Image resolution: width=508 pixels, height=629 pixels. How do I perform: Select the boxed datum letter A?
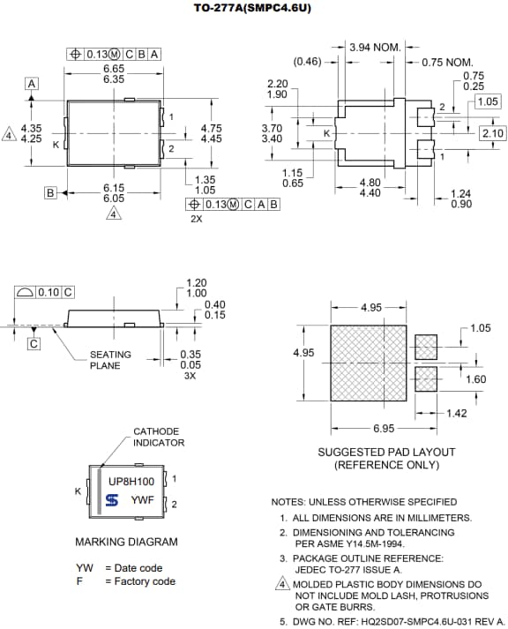click(32, 83)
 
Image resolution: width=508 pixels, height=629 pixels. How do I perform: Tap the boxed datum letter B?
click(50, 192)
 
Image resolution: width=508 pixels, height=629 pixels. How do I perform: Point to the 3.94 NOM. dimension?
click(375, 47)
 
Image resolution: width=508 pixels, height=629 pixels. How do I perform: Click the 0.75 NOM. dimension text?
click(448, 62)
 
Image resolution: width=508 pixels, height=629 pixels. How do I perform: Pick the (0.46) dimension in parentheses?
click(307, 62)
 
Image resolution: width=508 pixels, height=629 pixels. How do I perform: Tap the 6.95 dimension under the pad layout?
click(383, 428)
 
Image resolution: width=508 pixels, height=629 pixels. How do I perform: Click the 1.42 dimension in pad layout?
click(457, 413)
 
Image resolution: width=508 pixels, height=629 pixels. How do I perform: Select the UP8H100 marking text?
click(131, 483)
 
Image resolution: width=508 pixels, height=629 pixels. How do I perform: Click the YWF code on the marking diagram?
click(143, 500)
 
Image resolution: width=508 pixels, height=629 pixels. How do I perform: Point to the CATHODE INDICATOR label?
click(159, 437)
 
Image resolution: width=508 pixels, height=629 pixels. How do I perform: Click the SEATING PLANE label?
click(110, 360)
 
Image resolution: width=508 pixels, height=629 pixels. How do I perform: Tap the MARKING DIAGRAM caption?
click(126, 542)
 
